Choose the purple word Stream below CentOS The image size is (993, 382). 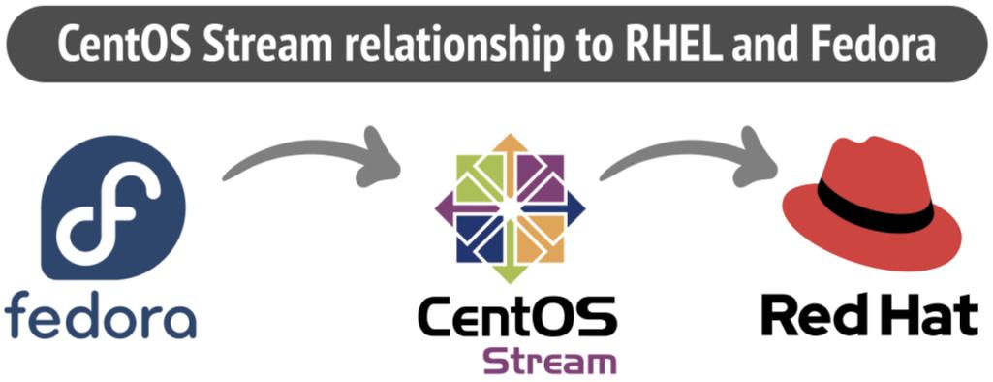click(549, 361)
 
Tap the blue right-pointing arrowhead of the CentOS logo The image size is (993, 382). click(575, 206)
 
